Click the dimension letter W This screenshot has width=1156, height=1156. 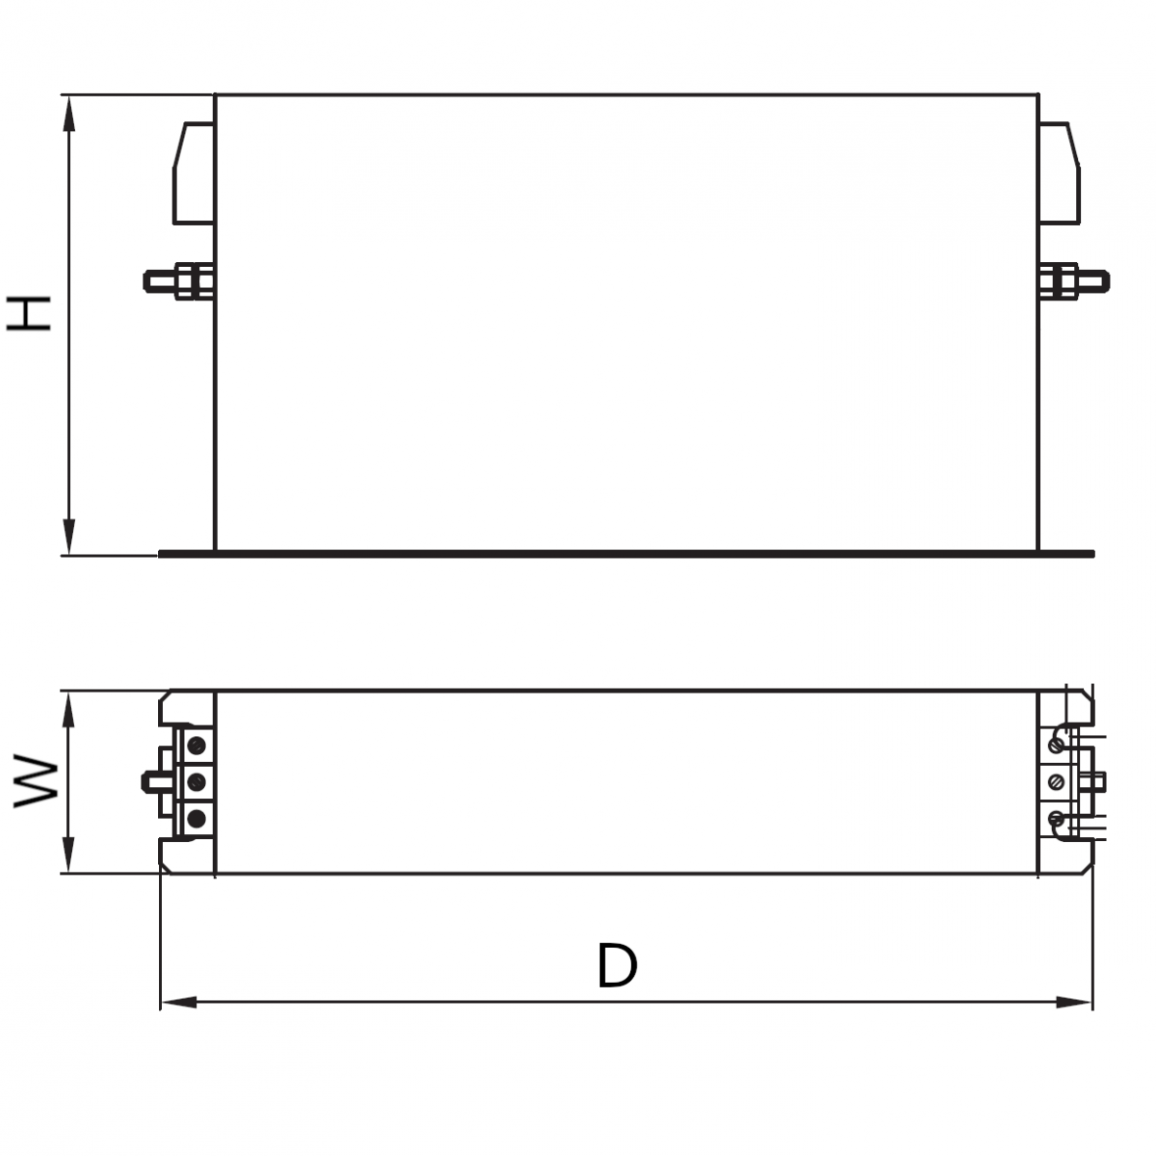(x=37, y=780)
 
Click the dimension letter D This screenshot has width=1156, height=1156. (x=617, y=966)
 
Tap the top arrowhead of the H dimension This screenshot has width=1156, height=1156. (x=68, y=111)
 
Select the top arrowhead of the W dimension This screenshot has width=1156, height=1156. (x=68, y=706)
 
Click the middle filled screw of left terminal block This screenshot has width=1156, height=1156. (x=197, y=781)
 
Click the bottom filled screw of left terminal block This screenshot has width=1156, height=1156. (x=197, y=818)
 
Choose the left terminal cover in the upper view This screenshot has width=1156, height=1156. (x=194, y=173)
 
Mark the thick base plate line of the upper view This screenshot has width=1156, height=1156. (x=626, y=553)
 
